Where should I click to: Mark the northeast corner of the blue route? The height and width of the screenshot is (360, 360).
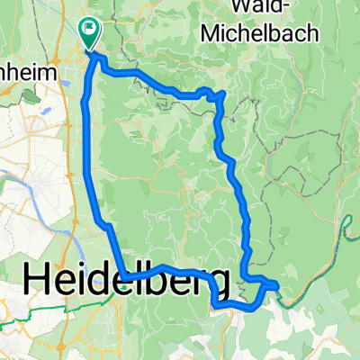222,94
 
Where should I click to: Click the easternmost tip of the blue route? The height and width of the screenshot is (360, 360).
276,287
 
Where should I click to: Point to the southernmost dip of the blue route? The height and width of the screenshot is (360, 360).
220,307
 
